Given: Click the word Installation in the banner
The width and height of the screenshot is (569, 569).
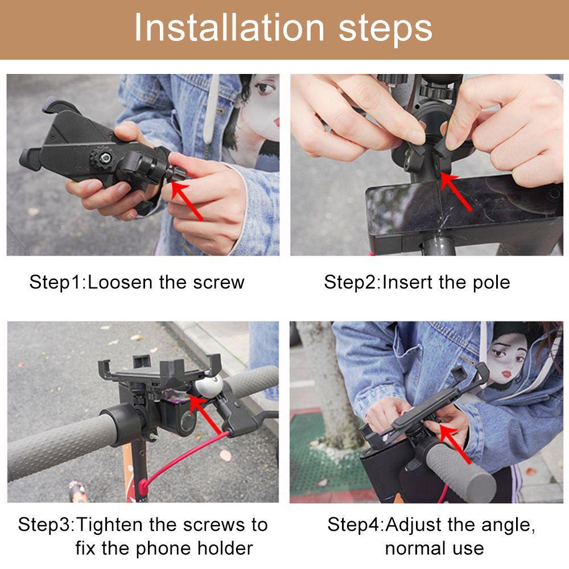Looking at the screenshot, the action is point(229,27).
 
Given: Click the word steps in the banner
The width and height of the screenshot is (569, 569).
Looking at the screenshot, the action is point(385,29).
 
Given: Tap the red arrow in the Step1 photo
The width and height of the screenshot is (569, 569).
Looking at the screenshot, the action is point(187,201).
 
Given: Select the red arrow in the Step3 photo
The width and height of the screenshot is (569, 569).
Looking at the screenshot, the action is point(205,414).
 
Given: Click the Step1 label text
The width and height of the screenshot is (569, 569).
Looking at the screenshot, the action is point(56,283).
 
